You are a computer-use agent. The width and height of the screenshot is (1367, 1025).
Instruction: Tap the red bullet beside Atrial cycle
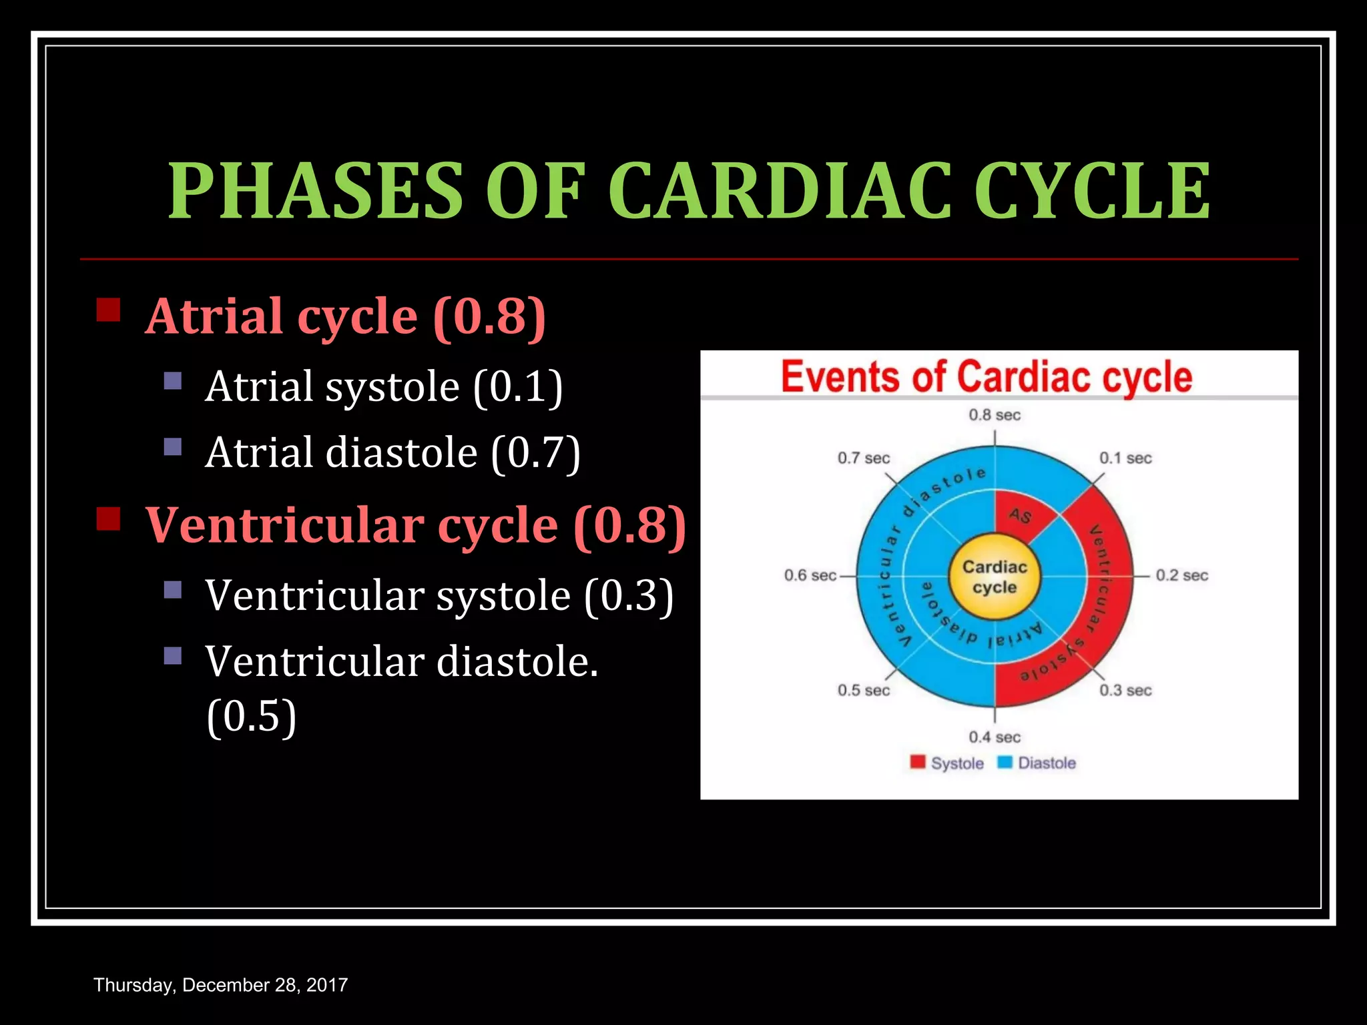click(x=108, y=310)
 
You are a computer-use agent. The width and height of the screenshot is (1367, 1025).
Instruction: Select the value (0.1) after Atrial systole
click(x=518, y=386)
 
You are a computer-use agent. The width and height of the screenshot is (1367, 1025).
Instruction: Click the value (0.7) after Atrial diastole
click(x=535, y=453)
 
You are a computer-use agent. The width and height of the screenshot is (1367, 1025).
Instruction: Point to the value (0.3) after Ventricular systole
click(x=628, y=595)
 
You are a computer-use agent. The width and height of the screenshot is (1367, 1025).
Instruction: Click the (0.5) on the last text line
click(x=251, y=716)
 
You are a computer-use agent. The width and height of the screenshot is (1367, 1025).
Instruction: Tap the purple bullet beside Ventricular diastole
click(x=173, y=655)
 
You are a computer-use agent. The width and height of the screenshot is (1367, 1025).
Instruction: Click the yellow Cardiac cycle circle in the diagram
click(x=995, y=577)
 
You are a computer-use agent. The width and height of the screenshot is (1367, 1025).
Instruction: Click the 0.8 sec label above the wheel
click(x=995, y=415)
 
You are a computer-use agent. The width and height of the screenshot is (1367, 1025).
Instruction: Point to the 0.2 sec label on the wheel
click(x=1181, y=575)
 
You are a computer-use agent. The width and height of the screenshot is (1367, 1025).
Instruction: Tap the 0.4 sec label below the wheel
click(x=995, y=737)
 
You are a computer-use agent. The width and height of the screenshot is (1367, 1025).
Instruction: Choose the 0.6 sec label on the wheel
click(x=810, y=575)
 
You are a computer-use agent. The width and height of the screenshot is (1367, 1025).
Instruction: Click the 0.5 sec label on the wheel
click(x=864, y=691)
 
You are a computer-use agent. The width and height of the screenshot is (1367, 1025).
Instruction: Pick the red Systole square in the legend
click(x=918, y=762)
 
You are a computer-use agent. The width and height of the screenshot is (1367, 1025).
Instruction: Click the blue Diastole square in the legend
click(x=1005, y=762)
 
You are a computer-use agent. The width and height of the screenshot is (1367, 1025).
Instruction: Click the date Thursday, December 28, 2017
click(x=220, y=985)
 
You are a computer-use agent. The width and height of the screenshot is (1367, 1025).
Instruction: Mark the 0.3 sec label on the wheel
click(x=1125, y=691)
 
